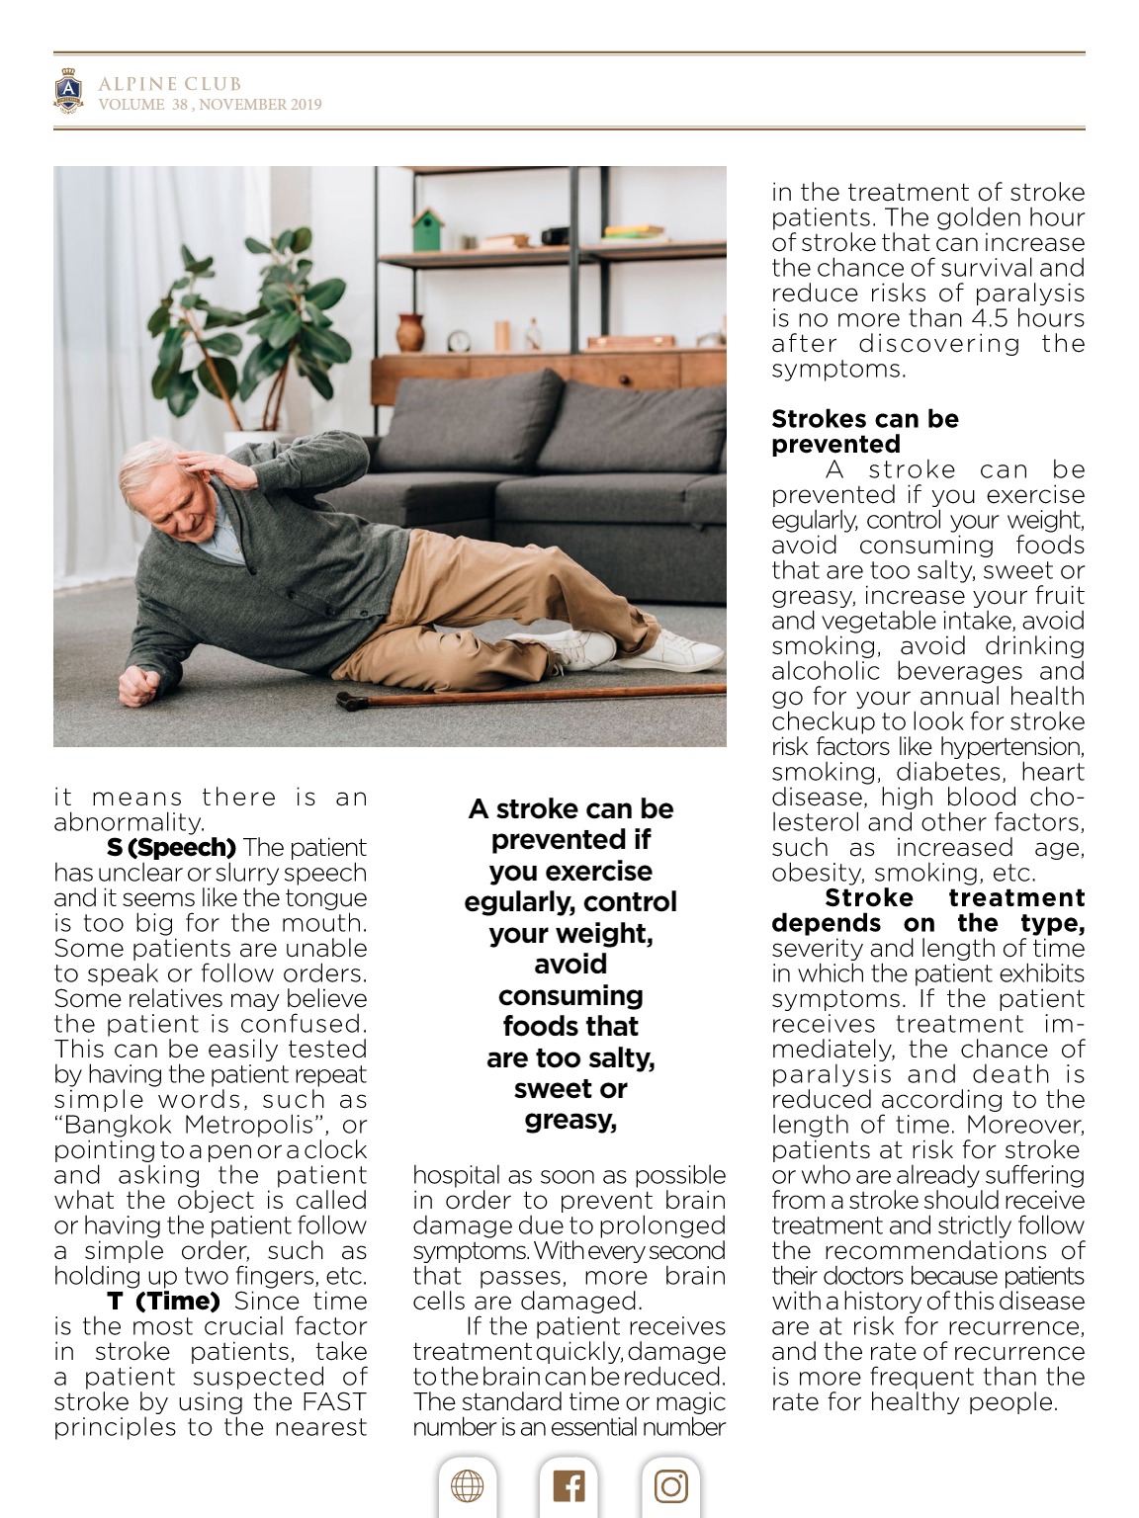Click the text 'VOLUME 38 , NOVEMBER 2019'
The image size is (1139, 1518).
click(x=210, y=105)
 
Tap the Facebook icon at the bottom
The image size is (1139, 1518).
click(x=569, y=1486)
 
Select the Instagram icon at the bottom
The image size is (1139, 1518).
click(x=670, y=1486)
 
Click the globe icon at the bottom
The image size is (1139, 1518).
click(x=467, y=1486)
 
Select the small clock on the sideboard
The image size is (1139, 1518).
click(x=460, y=340)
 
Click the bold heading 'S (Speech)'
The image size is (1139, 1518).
click(x=171, y=848)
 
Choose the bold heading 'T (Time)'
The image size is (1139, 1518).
click(x=163, y=1302)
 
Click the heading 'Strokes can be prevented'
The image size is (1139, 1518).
click(x=864, y=431)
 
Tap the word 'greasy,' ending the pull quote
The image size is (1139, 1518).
click(x=570, y=1120)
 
